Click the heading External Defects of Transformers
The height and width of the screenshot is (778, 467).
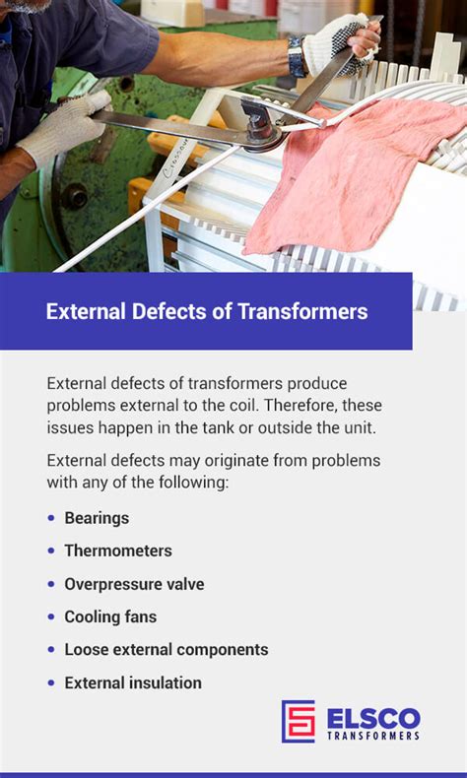207,312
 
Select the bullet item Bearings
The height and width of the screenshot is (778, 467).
97,518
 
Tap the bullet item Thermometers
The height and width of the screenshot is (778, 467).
118,551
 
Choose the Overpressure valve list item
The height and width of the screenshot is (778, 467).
134,584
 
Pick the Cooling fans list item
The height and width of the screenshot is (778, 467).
110,617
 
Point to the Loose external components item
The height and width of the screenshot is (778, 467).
167,650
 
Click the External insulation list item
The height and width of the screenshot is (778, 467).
133,682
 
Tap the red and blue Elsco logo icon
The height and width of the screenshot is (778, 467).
299,721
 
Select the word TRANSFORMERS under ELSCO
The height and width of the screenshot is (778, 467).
373,736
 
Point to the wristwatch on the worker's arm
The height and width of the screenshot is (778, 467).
297,56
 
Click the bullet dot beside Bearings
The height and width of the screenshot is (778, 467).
51,518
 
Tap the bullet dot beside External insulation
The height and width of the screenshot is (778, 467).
51,682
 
